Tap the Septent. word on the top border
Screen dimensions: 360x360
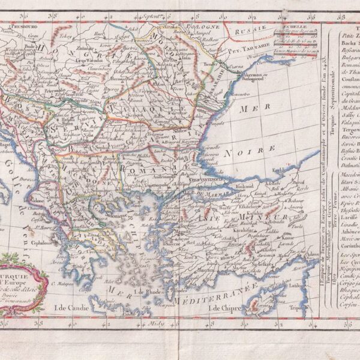tap(154, 13)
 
